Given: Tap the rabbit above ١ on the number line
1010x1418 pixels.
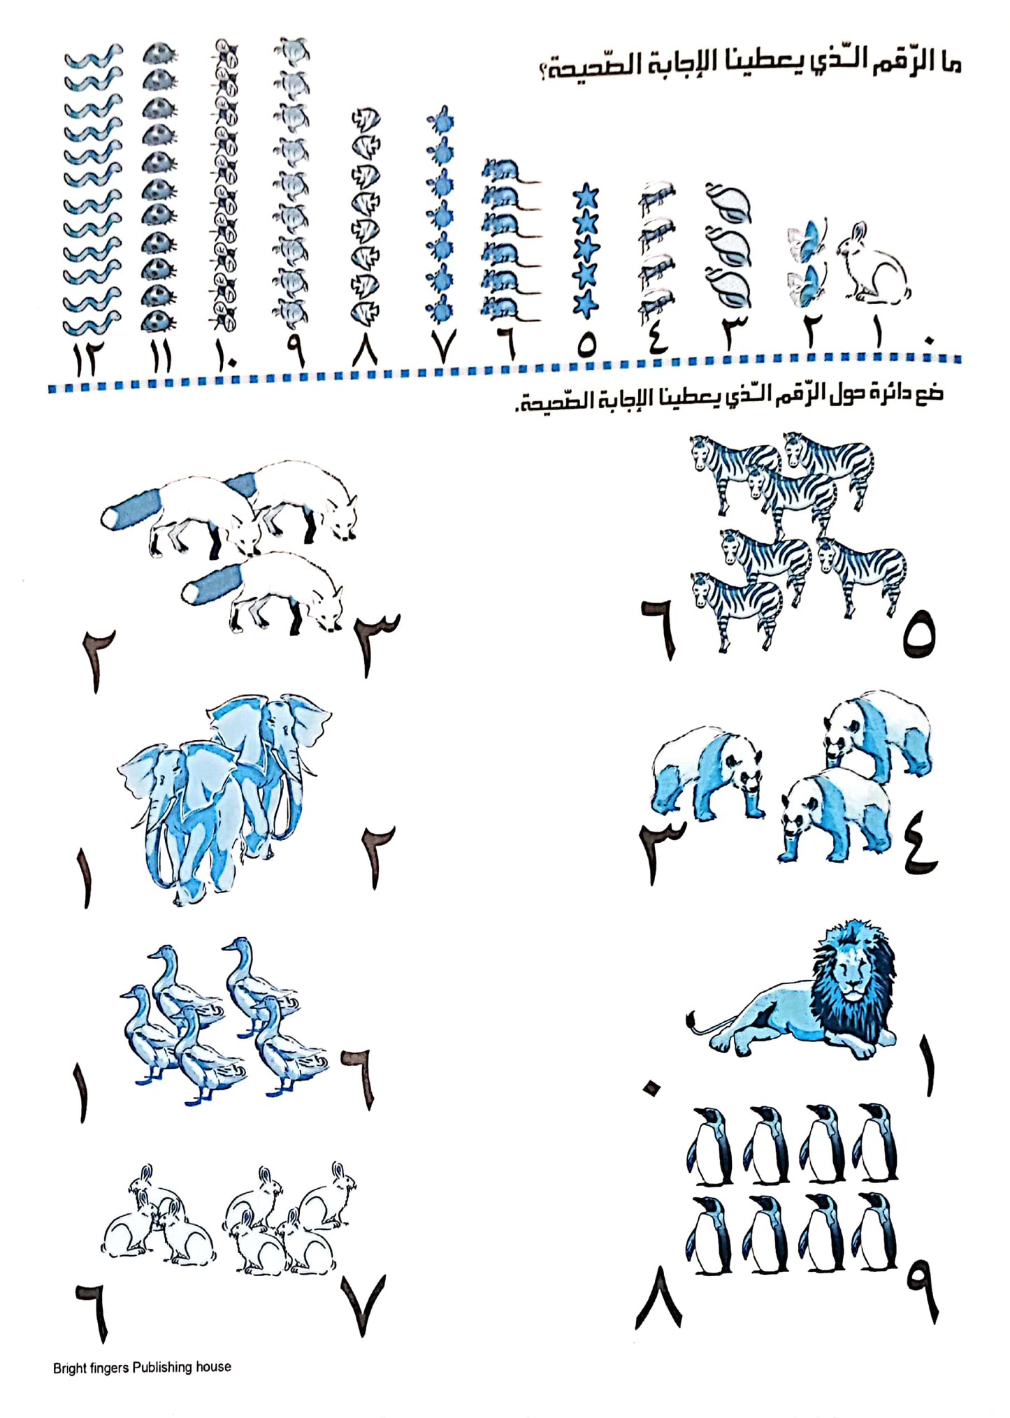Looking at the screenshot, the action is [x=873, y=264].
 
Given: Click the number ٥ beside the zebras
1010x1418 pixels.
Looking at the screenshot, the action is [x=918, y=633].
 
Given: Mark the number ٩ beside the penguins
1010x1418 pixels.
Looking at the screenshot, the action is [x=923, y=1290].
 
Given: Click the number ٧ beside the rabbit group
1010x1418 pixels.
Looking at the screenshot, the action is [x=363, y=1304].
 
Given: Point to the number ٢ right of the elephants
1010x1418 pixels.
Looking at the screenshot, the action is [x=377, y=857].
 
